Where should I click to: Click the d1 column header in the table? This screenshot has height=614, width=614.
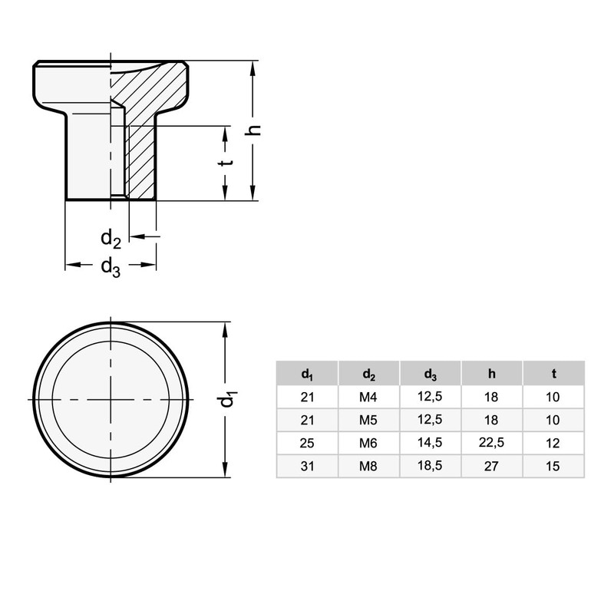coord(307,375)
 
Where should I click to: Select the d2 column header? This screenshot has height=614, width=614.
coord(368,375)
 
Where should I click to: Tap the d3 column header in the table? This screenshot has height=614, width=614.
coord(430,375)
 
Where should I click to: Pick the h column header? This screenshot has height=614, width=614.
coord(491,374)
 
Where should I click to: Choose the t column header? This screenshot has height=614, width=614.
coord(553,374)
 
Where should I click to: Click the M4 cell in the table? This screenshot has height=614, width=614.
coord(368,397)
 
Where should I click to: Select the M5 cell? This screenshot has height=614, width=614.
coord(368,420)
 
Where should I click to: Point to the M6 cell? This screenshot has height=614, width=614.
coord(368,444)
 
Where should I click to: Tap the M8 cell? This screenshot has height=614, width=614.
coord(368,467)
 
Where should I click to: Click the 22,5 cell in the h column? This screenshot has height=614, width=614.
coord(491,443)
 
